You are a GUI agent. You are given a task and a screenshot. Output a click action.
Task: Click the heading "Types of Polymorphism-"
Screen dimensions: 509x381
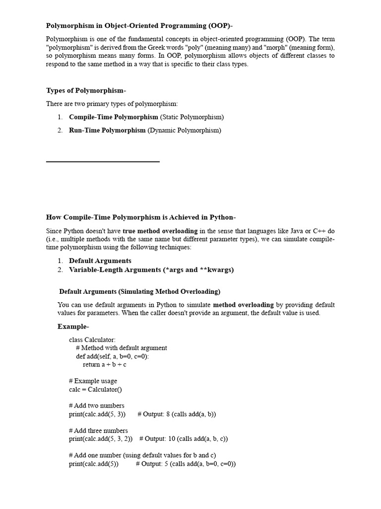(86, 90)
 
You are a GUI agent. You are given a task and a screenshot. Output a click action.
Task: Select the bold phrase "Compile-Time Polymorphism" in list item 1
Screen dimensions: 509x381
(113, 117)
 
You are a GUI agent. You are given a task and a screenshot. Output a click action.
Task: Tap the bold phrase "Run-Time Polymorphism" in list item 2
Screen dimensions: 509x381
(107, 130)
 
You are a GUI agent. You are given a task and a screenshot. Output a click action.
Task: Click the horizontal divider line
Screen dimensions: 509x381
(103, 162)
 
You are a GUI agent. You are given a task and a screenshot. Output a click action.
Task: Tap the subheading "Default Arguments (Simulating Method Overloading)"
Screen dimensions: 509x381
(140, 291)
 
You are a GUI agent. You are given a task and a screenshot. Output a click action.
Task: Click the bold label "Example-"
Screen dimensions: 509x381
(73, 327)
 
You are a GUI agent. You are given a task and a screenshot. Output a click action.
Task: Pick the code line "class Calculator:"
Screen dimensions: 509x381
(92, 340)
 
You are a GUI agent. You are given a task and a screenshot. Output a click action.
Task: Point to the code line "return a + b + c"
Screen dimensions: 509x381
(105, 364)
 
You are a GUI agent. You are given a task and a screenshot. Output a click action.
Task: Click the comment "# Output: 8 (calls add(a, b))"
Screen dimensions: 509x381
(177, 414)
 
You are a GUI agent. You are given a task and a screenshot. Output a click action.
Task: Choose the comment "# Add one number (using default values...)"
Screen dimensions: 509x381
(142, 455)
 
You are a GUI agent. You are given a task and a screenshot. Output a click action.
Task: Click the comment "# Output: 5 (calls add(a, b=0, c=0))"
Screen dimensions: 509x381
(186, 464)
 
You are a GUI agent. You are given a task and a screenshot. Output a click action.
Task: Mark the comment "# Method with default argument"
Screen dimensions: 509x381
(122, 348)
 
